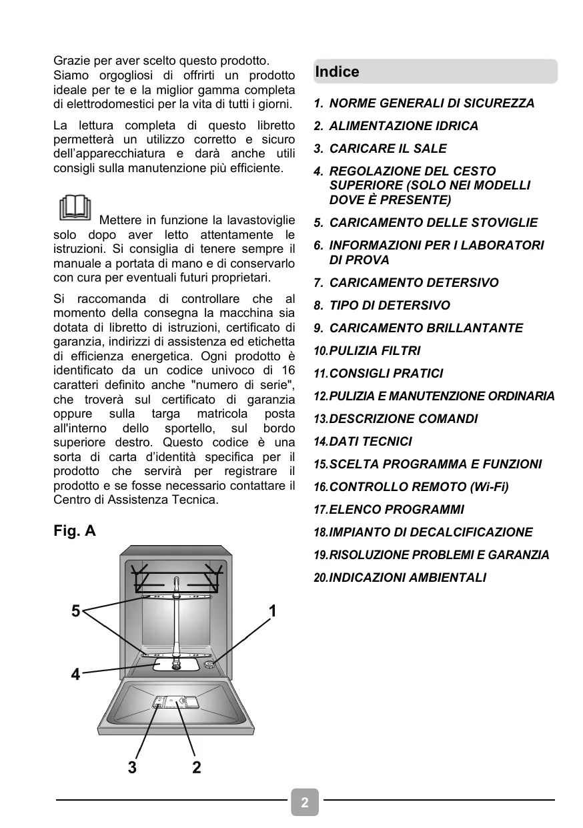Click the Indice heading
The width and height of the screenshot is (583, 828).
pos(337,72)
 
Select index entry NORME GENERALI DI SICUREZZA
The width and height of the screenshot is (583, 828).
pos(432,103)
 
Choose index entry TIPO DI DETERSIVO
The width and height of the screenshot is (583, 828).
pos(390,306)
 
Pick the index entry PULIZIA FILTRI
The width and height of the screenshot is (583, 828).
pos(374,351)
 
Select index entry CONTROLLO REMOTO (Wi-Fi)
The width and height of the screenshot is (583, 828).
pos(418,487)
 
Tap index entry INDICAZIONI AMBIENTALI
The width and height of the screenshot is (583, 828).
pos(408,578)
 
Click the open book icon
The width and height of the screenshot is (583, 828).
pos(75,208)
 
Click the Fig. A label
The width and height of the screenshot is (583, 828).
pos(75,531)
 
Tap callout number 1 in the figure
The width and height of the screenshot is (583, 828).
pos(273,611)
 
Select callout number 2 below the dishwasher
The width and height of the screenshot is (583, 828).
pos(196,767)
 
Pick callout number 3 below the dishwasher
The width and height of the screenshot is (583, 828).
pos(132,767)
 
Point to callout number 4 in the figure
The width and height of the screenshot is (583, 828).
pos(76,675)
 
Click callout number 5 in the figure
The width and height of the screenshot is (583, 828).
pos(76,611)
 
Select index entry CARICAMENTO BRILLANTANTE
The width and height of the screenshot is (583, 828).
pos(426,328)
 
